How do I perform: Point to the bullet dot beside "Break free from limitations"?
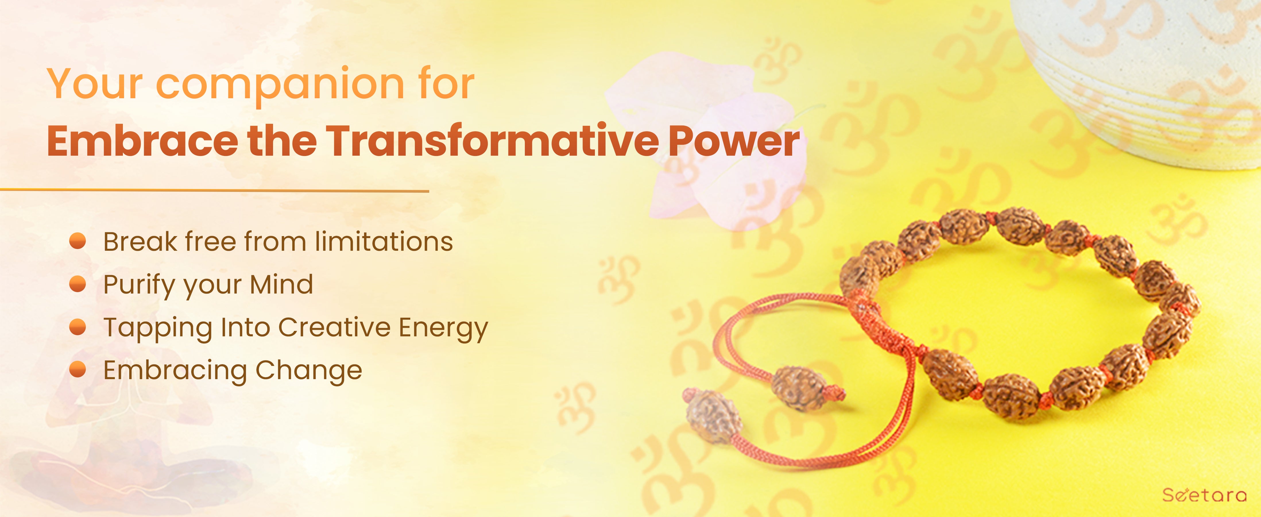[78, 241]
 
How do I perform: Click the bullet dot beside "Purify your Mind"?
[78, 284]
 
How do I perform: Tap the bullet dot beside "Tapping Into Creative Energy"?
[78, 327]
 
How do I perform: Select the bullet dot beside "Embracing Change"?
[78, 370]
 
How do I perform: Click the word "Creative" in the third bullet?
[334, 327]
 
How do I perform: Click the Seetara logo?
[1204, 495]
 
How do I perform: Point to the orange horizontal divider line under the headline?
[214, 190]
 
